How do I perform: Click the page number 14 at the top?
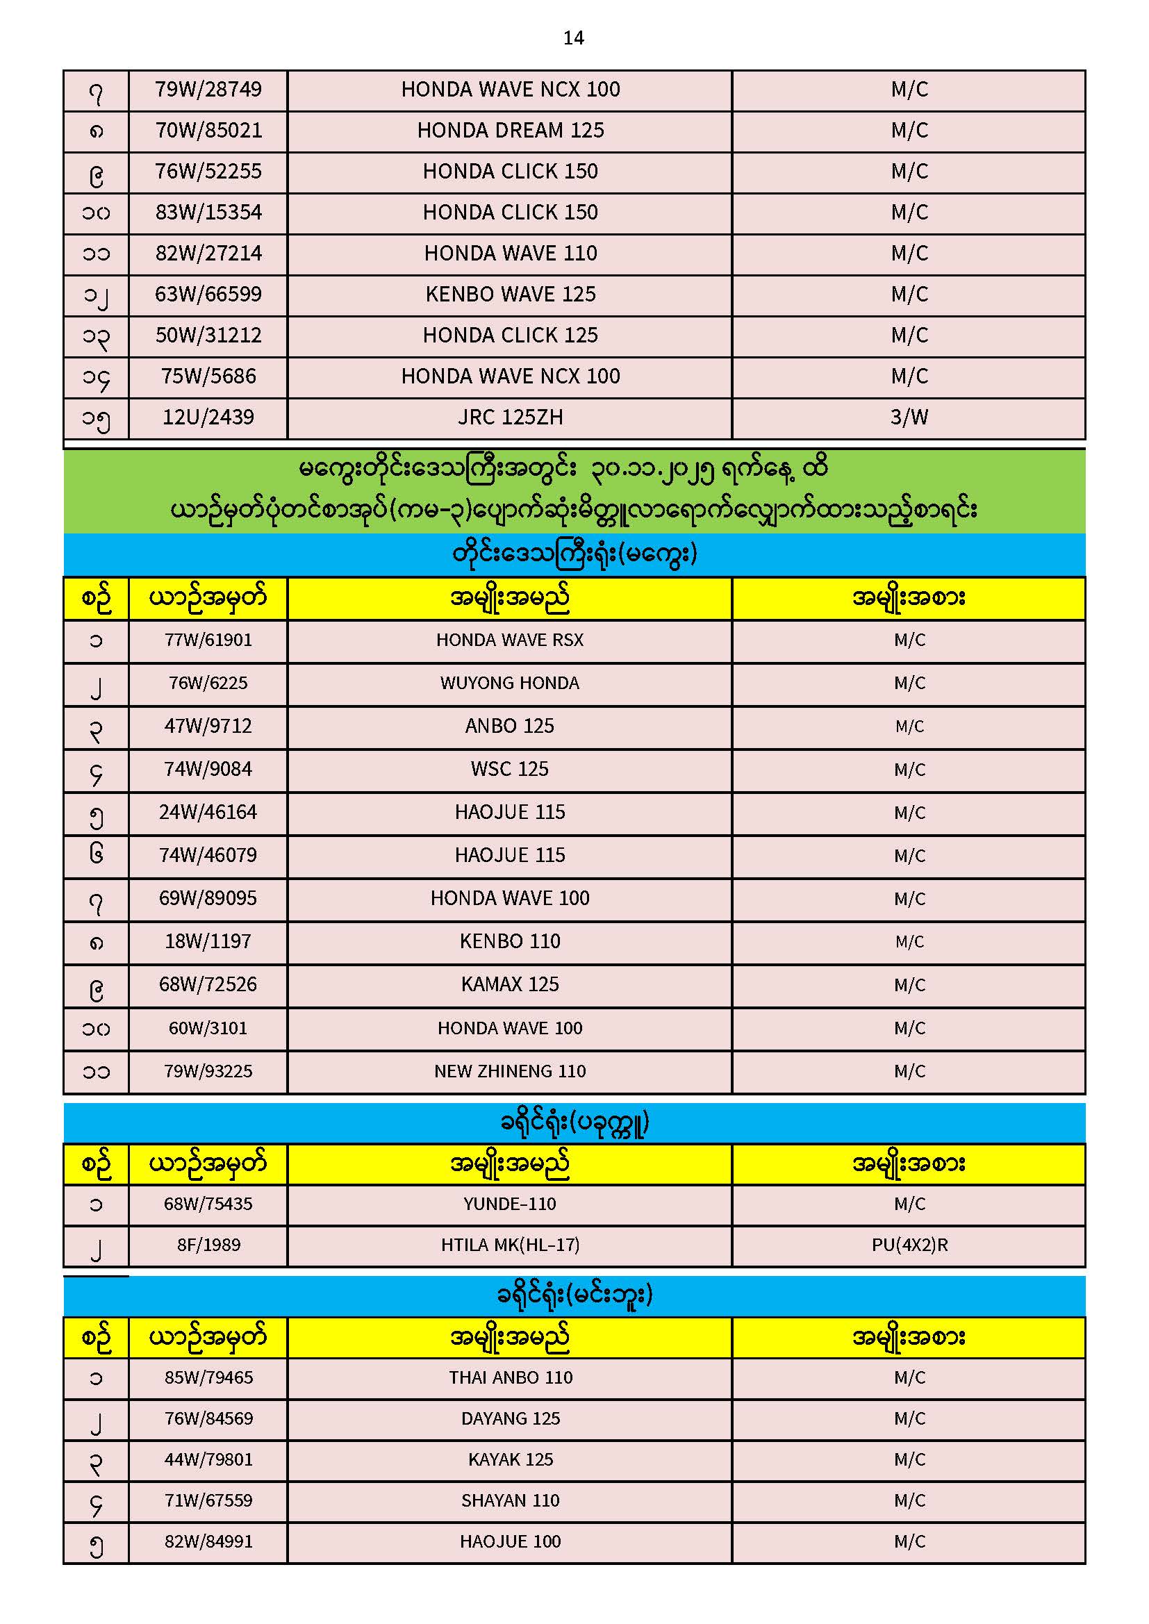click(x=573, y=38)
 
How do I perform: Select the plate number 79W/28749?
click(x=208, y=90)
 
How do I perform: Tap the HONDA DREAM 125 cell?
click(x=510, y=131)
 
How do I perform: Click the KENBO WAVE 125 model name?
click(x=510, y=295)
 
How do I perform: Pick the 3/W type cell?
click(x=909, y=417)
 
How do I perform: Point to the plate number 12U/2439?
click(x=208, y=417)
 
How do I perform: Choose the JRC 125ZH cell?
click(x=510, y=417)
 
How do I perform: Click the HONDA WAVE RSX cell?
click(x=509, y=640)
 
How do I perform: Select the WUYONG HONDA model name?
click(x=509, y=683)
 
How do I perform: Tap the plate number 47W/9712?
click(x=208, y=727)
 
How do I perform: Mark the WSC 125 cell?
click(x=509, y=770)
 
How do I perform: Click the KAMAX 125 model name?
click(x=509, y=984)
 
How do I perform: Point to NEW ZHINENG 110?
click(x=509, y=1072)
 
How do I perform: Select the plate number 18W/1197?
click(x=208, y=941)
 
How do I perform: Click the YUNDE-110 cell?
click(x=509, y=1204)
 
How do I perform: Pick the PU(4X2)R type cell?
click(x=909, y=1245)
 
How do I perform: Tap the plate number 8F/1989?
click(x=208, y=1245)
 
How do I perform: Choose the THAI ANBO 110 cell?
click(x=510, y=1377)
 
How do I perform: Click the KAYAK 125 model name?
click(x=510, y=1459)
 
